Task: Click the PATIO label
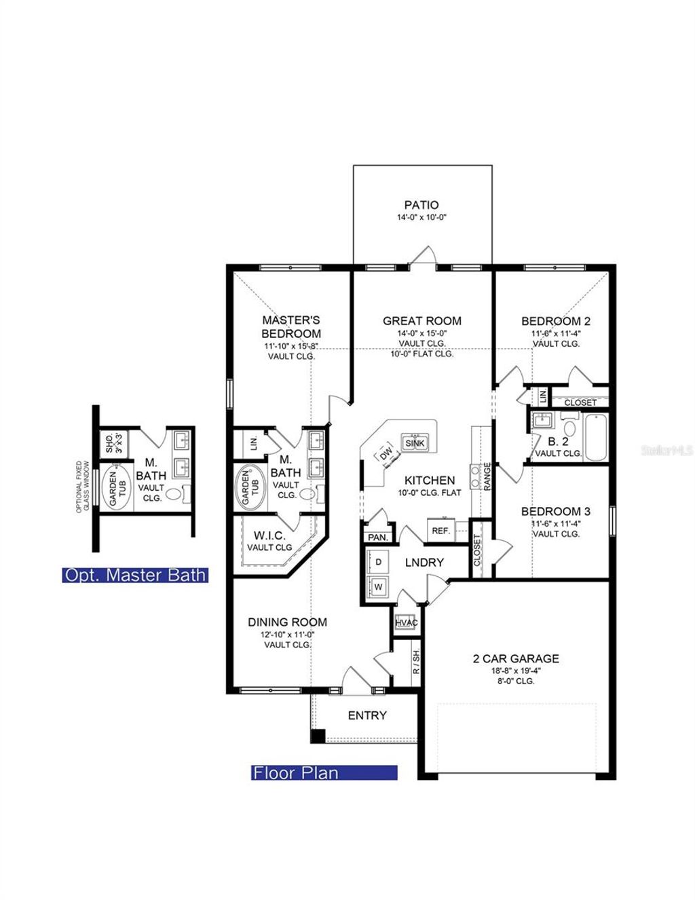[x=421, y=204]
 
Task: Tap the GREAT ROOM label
[x=421, y=320]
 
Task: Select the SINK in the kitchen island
[x=415, y=443]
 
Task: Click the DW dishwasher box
[x=387, y=453]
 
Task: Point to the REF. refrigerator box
[x=441, y=531]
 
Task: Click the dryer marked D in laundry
[x=378, y=562]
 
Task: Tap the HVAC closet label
[x=406, y=622]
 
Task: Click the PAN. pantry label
[x=377, y=537]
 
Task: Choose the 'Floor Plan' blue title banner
[x=324, y=772]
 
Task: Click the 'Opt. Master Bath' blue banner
[x=134, y=575]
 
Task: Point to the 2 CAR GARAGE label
[x=516, y=658]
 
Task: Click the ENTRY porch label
[x=367, y=715]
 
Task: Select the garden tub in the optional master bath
[x=116, y=486]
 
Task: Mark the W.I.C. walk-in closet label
[x=269, y=536]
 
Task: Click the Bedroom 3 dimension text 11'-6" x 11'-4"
[x=555, y=523]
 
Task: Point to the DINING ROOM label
[x=287, y=622]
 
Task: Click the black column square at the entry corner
[x=318, y=736]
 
